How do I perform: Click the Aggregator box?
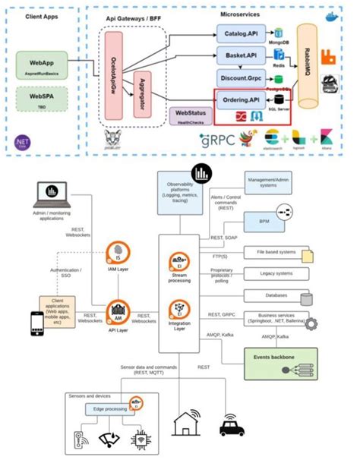(x=144, y=96)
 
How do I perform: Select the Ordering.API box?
(x=241, y=100)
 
